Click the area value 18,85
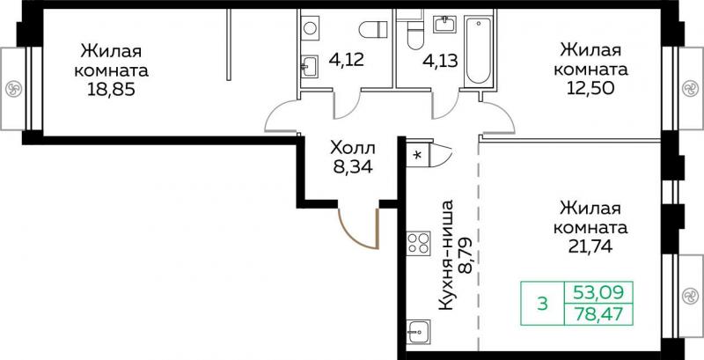112,90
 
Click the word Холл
353,147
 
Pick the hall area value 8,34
353,167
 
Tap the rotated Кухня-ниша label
446,255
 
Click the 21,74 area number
590,246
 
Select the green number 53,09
599,293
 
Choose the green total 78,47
599,313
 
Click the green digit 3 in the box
543,304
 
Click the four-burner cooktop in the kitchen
419,243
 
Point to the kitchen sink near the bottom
419,332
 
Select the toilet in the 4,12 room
373,30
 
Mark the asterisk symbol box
418,155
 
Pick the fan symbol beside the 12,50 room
689,88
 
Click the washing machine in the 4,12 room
310,28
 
